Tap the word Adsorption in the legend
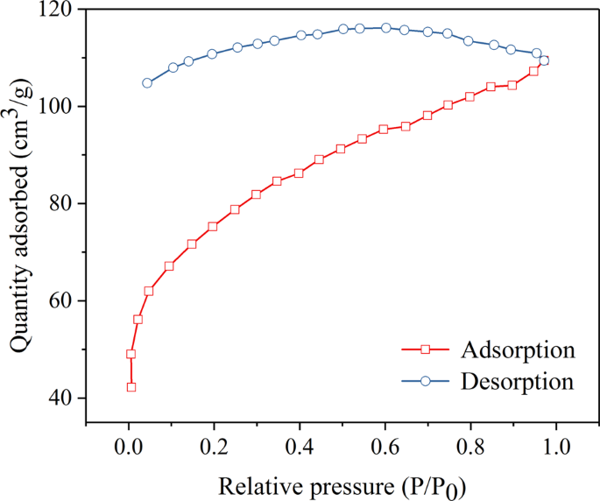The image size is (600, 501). point(517,350)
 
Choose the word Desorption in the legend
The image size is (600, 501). point(517,382)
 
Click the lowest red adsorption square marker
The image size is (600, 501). point(131,387)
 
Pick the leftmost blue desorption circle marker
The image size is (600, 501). point(147,83)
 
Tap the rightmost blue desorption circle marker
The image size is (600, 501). point(544,60)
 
